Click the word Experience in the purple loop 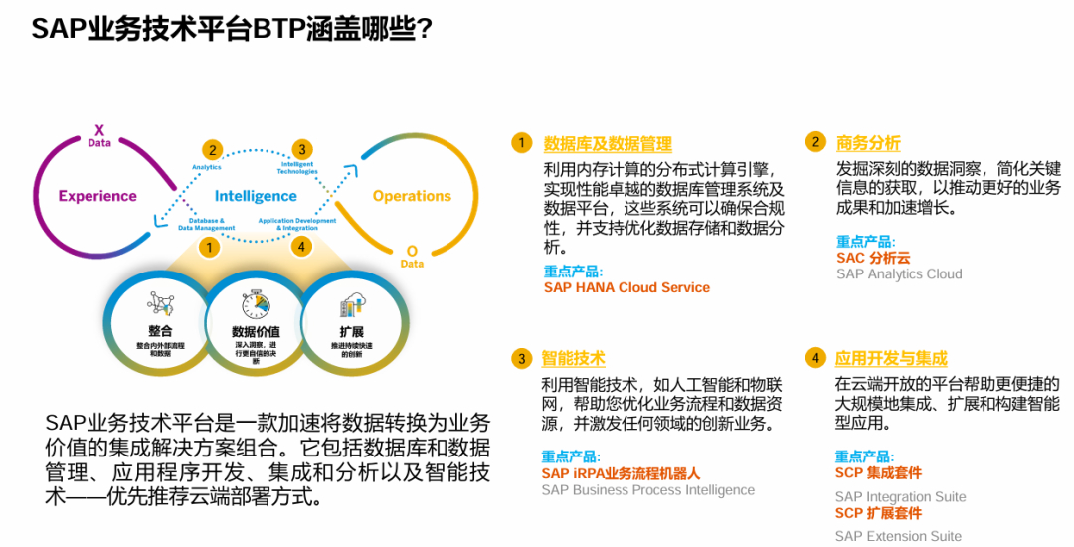[96, 196]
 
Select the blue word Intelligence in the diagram [256, 196]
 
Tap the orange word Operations [412, 196]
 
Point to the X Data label [98, 136]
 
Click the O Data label [411, 257]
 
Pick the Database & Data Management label [207, 224]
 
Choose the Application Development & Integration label [297, 224]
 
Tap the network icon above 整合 [160, 304]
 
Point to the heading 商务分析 [868, 143]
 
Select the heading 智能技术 [573, 359]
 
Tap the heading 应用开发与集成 [891, 359]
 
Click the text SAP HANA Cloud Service [626, 287]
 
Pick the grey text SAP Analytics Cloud [899, 273]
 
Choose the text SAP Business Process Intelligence [647, 490]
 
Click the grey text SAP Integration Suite [900, 496]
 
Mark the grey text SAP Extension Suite [898, 536]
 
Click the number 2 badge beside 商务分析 [815, 142]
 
